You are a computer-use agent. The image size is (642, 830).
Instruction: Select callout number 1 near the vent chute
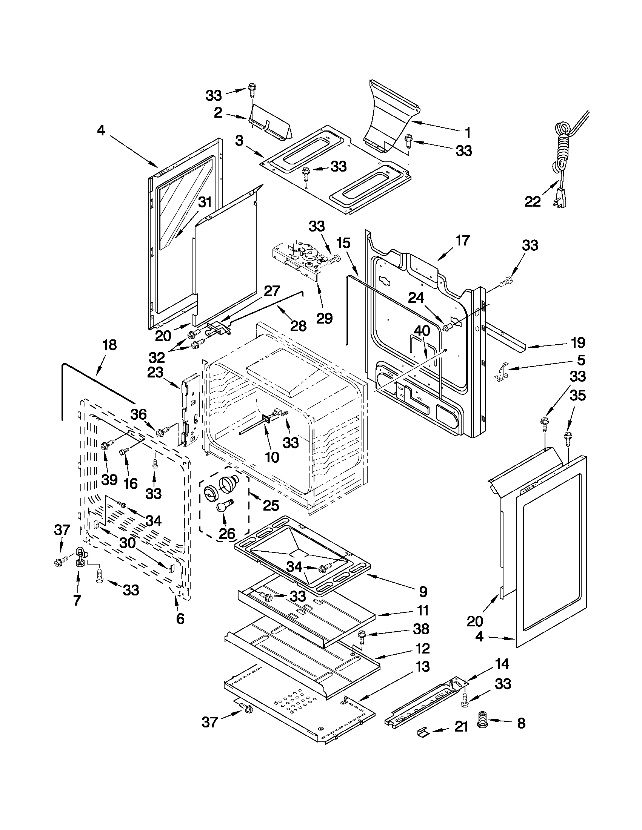(x=468, y=133)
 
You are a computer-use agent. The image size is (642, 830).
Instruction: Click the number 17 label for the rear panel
(x=462, y=241)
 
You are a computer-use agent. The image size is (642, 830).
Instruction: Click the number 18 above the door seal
(x=109, y=345)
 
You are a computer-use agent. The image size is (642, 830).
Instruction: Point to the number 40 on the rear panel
(x=422, y=330)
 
